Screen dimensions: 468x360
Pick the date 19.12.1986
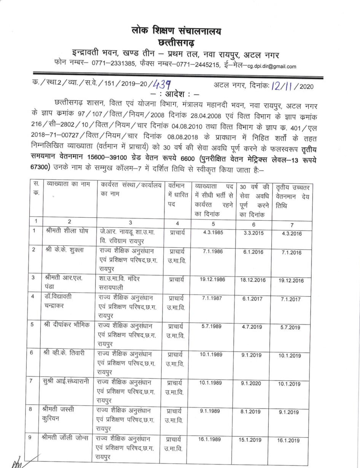pyautogui.click(x=212, y=280)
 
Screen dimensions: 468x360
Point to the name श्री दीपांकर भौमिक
pyautogui.click(x=66, y=326)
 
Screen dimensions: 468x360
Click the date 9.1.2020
pyautogui.click(x=252, y=384)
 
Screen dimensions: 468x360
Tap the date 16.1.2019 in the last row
pyautogui.click(x=292, y=440)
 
